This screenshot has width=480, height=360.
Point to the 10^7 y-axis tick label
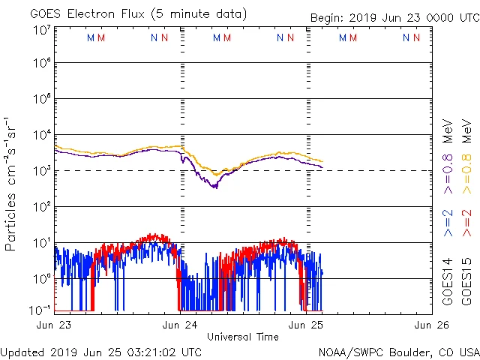click(41, 30)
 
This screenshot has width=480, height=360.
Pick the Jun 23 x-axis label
click(53, 325)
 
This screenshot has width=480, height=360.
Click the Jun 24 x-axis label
click(180, 325)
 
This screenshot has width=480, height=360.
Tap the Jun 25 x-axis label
click(307, 325)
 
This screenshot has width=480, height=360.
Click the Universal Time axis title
click(242, 337)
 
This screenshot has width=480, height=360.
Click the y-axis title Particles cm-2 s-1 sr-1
click(10, 184)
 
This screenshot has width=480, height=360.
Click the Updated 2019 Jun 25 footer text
click(100, 351)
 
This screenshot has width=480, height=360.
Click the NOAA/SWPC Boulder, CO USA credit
click(397, 351)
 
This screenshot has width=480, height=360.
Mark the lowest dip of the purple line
click(214, 187)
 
